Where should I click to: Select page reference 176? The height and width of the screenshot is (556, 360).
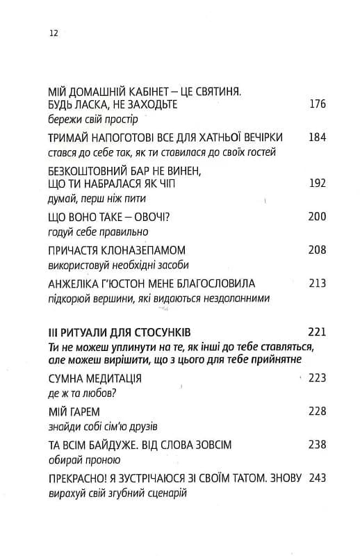[x=316, y=104]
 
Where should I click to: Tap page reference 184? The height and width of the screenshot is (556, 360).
[x=316, y=136]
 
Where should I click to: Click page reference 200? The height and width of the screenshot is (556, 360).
[x=316, y=217]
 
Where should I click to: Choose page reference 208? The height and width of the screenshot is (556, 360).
[x=316, y=250]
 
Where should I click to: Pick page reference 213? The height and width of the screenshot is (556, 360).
[x=316, y=283]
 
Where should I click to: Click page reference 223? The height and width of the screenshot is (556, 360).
[x=316, y=378]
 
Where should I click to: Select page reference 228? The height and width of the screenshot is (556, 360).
[x=316, y=411]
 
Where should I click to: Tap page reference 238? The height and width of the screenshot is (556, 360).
[x=316, y=445]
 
